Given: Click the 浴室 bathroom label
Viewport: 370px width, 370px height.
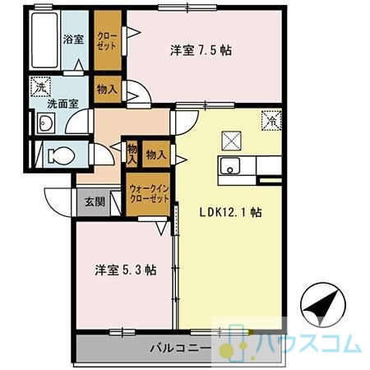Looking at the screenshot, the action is [73, 39].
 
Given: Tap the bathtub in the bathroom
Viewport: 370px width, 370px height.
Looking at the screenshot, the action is [44, 40].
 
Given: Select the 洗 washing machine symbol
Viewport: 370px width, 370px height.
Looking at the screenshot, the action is [40, 86].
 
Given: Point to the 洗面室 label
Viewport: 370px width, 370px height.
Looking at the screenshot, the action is [62, 104].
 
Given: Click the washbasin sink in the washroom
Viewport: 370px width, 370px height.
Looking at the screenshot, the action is [46, 123].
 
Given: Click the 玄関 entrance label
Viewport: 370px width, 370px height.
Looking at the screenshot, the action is [95, 201].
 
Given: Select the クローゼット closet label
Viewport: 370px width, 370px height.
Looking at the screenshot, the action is [107, 41].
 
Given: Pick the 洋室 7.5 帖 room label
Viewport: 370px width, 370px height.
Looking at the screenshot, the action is [201, 50].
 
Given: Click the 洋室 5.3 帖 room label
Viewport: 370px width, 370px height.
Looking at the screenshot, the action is [126, 270].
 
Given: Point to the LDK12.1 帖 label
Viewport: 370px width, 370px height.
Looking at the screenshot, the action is [230, 212].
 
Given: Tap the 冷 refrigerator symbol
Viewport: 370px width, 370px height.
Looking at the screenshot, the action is [271, 120].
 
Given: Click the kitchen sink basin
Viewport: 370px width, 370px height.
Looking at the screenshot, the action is [230, 165].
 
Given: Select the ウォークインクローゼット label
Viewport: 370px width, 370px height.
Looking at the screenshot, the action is [149, 194].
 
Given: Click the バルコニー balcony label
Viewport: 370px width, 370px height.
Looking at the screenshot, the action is [181, 349].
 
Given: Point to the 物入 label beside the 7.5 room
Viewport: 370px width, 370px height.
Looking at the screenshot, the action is [107, 89].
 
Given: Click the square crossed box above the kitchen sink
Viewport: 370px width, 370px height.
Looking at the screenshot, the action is [231, 141].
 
